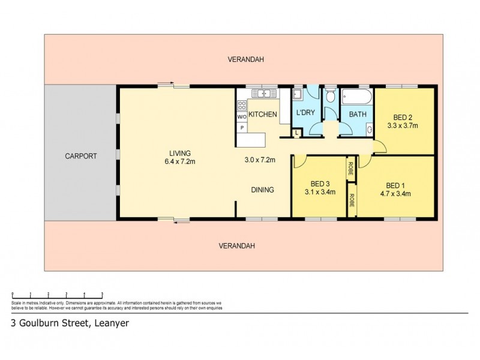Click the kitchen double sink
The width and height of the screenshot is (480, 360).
[x=262, y=94]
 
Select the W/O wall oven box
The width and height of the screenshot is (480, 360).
[x=242, y=117]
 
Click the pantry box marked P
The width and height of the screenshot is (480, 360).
[x=242, y=128]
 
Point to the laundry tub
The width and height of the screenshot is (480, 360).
[x=297, y=94]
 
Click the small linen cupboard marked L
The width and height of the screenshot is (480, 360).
[x=296, y=133]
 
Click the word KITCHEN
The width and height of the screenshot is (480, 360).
[x=263, y=114]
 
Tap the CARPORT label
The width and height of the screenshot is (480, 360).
[x=81, y=156]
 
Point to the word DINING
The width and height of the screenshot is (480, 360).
[x=262, y=190]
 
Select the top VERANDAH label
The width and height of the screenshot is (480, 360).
[x=246, y=59]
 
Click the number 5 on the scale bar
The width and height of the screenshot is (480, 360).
[x=103, y=293]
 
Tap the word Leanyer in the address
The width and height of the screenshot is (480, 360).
[x=112, y=323]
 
